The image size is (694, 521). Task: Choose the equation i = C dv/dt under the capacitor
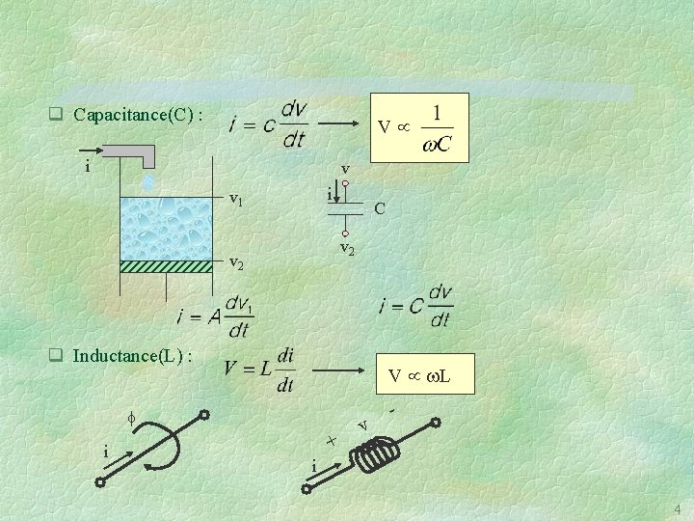tap(415, 305)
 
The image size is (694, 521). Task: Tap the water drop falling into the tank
tap(147, 180)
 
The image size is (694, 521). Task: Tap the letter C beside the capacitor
tap(380, 207)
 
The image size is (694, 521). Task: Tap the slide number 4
tap(677, 509)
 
